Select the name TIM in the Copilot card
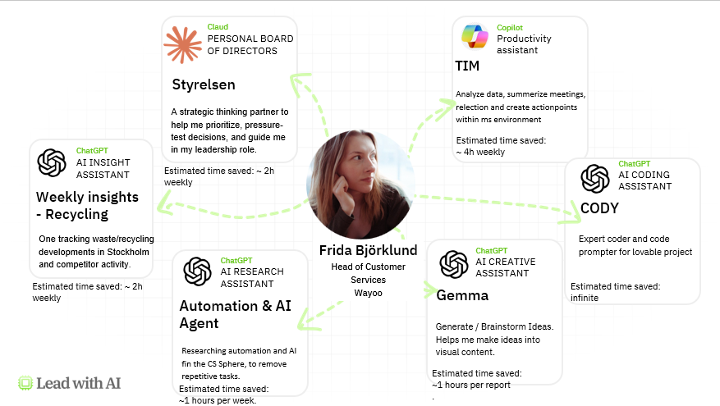[467, 66]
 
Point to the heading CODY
[599, 208]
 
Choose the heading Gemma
[461, 295]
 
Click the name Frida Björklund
[369, 250]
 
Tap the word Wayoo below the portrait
[369, 292]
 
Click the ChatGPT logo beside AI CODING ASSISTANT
[594, 179]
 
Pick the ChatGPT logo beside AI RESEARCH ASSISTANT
[197, 271]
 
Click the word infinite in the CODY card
[585, 298]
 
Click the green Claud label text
[218, 27]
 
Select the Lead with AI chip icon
[25, 382]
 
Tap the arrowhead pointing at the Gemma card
[430, 290]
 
